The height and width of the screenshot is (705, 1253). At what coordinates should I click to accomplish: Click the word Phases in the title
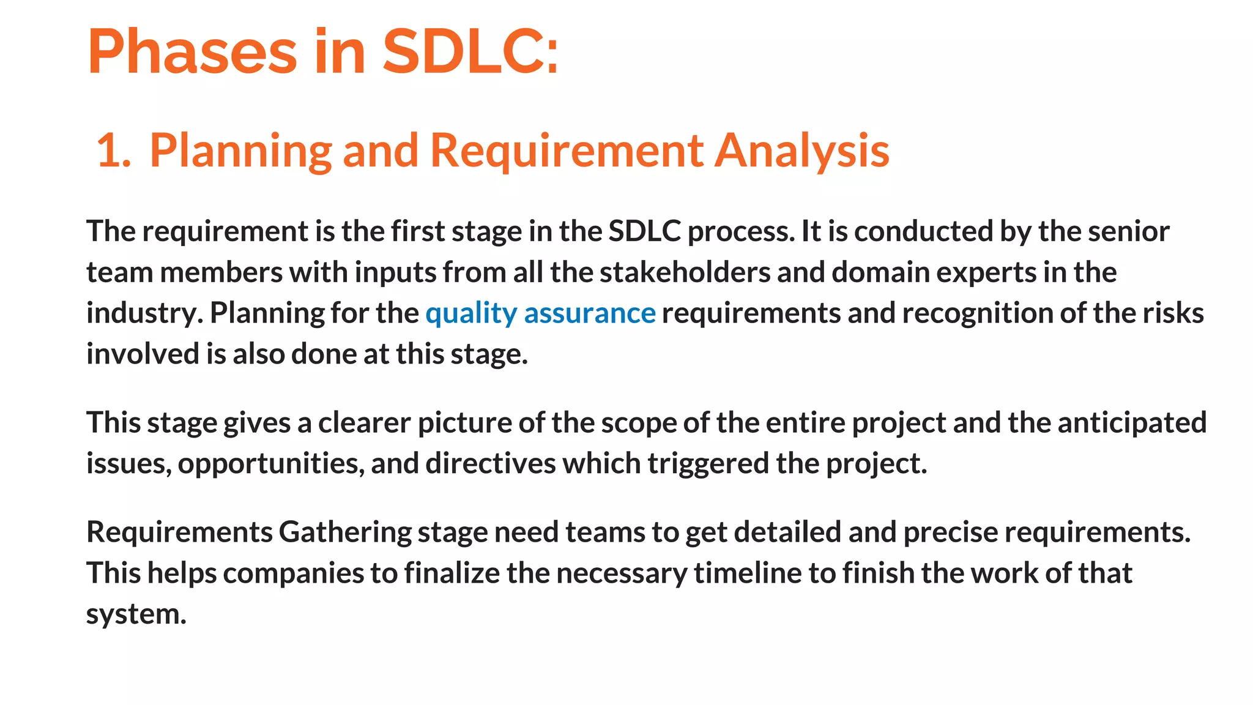tap(192, 53)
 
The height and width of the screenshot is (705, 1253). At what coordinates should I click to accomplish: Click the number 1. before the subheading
tap(114, 151)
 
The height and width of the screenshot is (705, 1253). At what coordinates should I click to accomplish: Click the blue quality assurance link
tap(540, 313)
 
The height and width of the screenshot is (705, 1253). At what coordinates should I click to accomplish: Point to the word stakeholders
tap(685, 272)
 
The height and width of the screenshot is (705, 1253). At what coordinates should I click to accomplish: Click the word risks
tap(1173, 313)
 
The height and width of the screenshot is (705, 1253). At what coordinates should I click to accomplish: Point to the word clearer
tap(364, 423)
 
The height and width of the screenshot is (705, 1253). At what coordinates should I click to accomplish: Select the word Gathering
tap(344, 532)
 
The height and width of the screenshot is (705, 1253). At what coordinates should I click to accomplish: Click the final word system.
tap(136, 614)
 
